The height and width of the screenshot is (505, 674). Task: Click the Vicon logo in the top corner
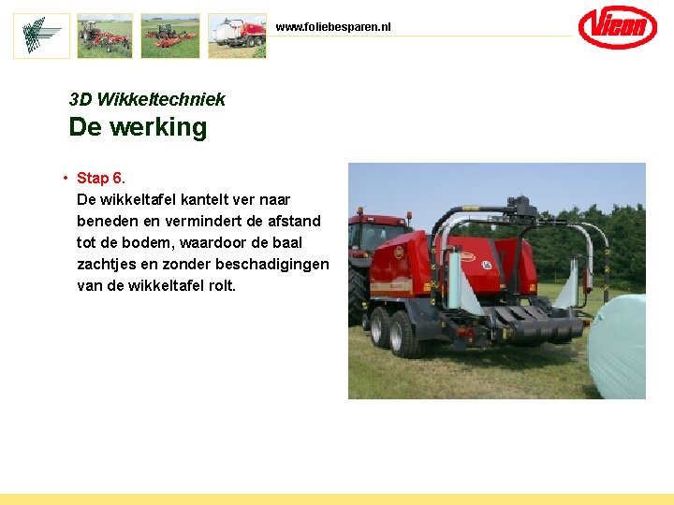pos(617,27)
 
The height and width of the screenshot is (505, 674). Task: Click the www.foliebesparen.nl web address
pos(333,27)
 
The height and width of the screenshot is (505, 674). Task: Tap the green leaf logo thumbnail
pos(41,36)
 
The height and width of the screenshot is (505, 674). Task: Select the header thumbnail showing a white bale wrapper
pos(237,36)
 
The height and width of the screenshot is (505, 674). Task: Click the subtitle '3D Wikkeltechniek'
pos(147,99)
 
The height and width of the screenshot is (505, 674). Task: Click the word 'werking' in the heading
pos(158,127)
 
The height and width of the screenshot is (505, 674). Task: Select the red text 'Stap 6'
pos(99,178)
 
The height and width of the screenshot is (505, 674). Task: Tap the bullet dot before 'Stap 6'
pos(65,178)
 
